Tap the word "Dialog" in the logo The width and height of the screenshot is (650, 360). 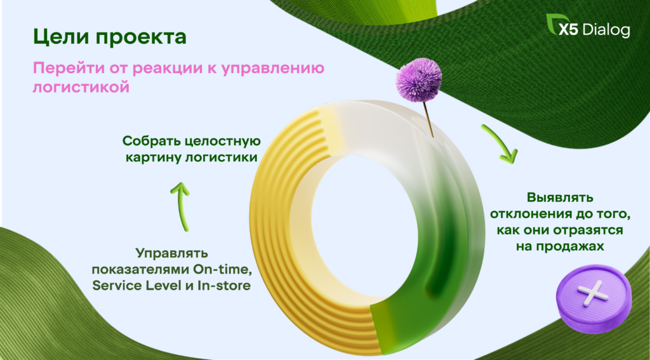coord(606,30)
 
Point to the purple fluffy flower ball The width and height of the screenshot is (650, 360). coord(418,79)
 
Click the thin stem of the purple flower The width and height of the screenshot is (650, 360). coord(428,119)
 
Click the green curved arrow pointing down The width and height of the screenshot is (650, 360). coord(500,143)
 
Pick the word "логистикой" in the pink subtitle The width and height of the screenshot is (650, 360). coord(81,87)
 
